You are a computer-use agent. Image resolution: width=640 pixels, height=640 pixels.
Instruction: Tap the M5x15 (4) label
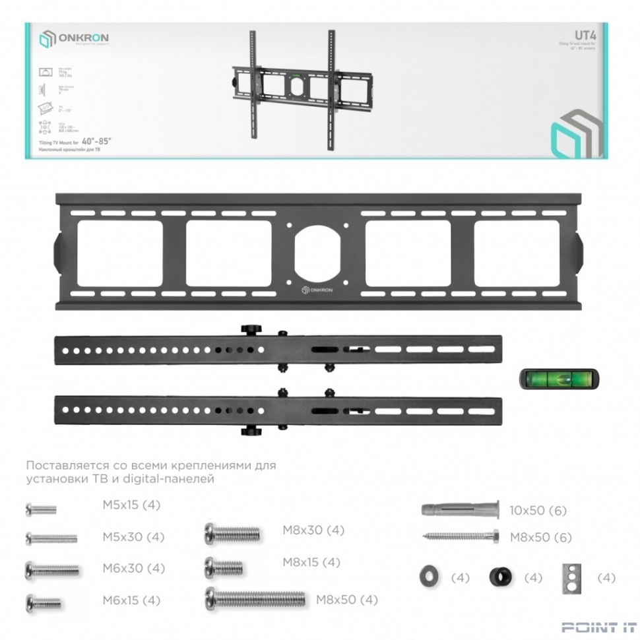click(x=131, y=505)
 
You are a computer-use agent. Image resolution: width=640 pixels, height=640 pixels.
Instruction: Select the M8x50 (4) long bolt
click(x=255, y=598)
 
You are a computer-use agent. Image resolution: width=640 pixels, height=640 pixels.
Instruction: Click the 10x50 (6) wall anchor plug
click(x=459, y=510)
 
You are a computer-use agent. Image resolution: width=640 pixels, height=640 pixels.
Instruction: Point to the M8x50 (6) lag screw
click(x=461, y=537)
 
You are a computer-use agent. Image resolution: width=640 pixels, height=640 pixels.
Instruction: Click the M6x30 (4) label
click(x=133, y=568)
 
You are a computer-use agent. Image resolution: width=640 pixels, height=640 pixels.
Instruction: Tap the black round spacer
click(x=501, y=577)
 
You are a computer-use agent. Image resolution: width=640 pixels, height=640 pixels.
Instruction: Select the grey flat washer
click(x=429, y=577)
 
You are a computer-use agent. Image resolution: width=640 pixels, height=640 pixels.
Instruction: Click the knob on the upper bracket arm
click(x=249, y=329)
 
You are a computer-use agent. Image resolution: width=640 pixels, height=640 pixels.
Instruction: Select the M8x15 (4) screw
click(x=224, y=566)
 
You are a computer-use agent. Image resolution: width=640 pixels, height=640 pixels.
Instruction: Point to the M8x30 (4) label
click(x=313, y=530)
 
